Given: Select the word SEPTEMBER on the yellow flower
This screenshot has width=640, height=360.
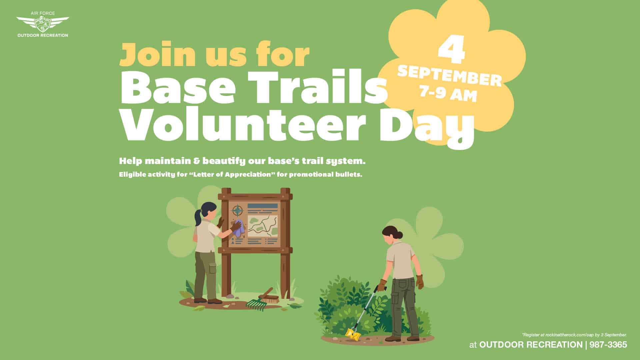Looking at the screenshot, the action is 449,76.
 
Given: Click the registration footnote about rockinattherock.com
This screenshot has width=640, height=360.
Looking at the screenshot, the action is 574,335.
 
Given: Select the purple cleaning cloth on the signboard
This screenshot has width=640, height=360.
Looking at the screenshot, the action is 238,229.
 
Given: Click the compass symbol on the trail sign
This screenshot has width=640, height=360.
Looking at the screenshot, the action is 238,211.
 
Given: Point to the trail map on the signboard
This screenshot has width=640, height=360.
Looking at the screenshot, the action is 262,226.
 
